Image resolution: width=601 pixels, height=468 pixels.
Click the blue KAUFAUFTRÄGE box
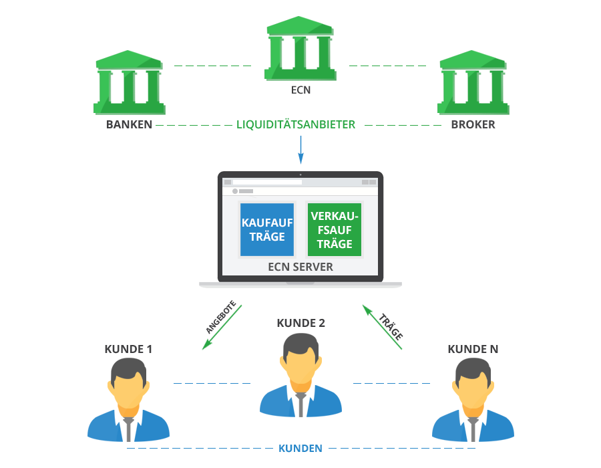267,229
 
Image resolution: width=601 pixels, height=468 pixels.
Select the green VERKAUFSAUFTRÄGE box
335,229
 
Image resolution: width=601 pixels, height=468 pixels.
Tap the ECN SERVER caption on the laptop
300,267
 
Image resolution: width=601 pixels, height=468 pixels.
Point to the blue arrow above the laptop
300,150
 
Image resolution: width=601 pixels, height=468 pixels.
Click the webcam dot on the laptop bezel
300,175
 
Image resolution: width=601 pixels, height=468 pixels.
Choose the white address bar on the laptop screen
267,182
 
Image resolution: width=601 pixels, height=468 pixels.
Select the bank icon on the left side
129,82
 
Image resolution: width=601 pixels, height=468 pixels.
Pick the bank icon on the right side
472,82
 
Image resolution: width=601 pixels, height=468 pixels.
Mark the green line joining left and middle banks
212,66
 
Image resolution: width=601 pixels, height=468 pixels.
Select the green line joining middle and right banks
387,66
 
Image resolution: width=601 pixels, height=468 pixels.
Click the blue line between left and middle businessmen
212,383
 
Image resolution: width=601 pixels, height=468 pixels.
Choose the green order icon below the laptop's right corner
381,328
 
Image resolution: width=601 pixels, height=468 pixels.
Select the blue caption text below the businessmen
300,448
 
